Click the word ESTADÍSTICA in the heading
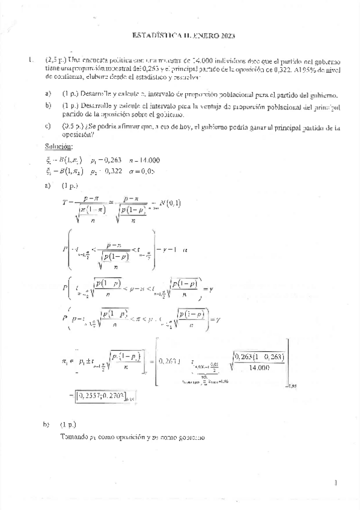pos(155,36)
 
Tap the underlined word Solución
pos(59,147)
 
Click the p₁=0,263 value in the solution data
pos(102,159)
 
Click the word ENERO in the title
pos(198,36)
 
